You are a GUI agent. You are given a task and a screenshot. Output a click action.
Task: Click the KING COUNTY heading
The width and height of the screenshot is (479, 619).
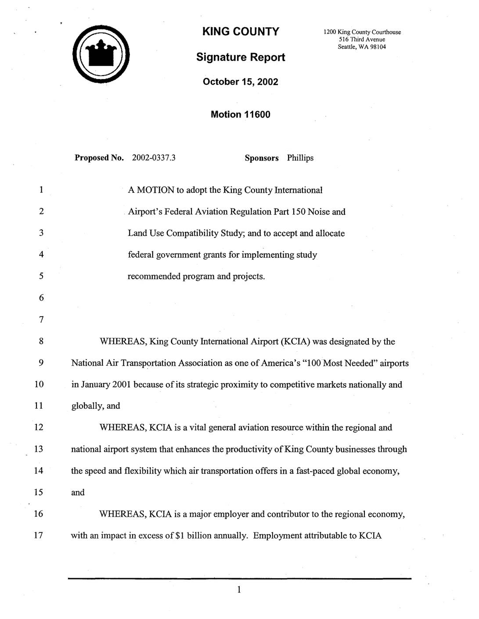[x=240, y=32]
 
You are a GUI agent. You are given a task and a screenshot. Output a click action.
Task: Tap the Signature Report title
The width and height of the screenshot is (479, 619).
[x=240, y=58]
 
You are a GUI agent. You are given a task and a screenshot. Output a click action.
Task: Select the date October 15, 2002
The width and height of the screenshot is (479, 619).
[x=240, y=82]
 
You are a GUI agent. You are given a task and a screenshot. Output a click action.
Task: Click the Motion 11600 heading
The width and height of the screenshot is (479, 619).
[x=240, y=115]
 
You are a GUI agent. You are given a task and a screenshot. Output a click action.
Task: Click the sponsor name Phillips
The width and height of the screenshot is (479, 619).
[x=300, y=158]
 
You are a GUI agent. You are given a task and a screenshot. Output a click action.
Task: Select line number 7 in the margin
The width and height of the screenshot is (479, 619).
[x=41, y=320]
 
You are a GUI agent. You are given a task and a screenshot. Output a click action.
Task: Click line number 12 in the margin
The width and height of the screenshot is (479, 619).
[x=39, y=428]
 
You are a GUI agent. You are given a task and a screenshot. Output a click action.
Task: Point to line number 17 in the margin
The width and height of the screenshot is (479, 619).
[x=39, y=536]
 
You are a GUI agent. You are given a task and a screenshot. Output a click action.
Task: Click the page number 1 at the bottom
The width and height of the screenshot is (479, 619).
[x=239, y=590]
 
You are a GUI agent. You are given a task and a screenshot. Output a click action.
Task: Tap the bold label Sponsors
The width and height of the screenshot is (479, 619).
[x=261, y=158]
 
